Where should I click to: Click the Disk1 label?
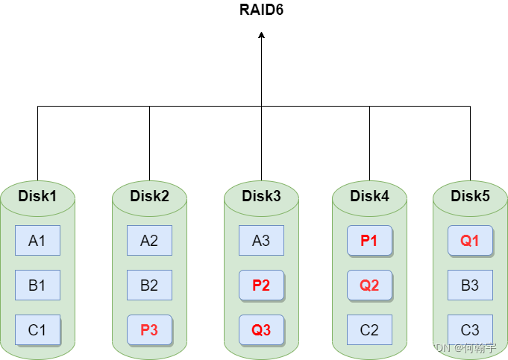point(37,196)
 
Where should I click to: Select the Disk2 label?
point(149,196)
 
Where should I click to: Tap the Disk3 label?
point(261,196)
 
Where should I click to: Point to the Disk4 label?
point(369,196)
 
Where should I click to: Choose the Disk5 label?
point(470,196)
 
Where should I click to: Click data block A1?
point(37,241)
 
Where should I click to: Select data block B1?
point(37,285)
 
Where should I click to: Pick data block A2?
point(149,241)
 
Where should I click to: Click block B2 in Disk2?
point(149,285)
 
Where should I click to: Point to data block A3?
point(261,241)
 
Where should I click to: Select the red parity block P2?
point(261,285)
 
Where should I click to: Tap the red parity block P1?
point(369,241)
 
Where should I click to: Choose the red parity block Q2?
point(369,285)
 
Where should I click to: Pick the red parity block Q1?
point(470,241)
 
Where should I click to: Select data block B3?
point(470,285)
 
